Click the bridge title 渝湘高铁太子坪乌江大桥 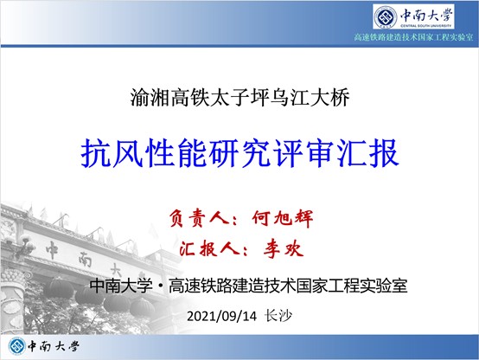[239, 98]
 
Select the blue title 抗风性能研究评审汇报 [239, 153]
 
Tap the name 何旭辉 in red [283, 218]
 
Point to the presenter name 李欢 [284, 248]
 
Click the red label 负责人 [199, 218]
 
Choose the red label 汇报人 [209, 248]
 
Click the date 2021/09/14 [222, 316]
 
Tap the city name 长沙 [278, 316]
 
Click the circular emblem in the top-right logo [386, 17]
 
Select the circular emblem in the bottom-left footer [17, 346]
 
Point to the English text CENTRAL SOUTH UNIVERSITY [425, 26]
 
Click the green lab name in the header [413, 37]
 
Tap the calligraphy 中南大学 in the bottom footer [54, 346]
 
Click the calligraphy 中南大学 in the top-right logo [426, 15]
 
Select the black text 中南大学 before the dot [121, 286]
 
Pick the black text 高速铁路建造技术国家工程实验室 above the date [288, 286]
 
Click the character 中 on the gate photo [52, 249]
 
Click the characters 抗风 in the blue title [112, 153]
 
